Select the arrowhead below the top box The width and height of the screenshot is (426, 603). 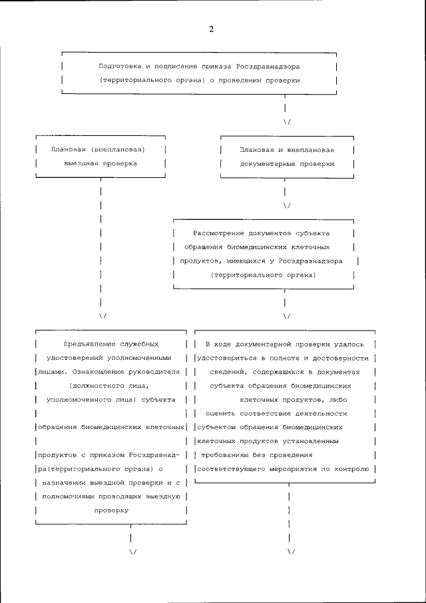(x=287, y=121)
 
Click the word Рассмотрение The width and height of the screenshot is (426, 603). (x=218, y=233)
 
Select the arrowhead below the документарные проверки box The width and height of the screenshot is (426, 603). (x=287, y=205)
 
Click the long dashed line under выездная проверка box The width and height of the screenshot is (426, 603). (x=101, y=247)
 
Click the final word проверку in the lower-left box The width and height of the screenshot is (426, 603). (x=110, y=510)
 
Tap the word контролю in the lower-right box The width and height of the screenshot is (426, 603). (x=351, y=468)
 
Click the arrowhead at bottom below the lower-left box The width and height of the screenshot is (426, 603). (x=132, y=552)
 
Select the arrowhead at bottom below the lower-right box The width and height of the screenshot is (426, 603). (x=290, y=552)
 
